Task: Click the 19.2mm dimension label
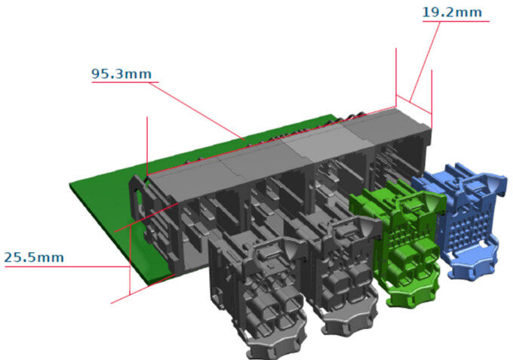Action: point(452,12)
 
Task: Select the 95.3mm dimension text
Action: point(121,74)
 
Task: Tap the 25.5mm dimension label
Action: point(34,257)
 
